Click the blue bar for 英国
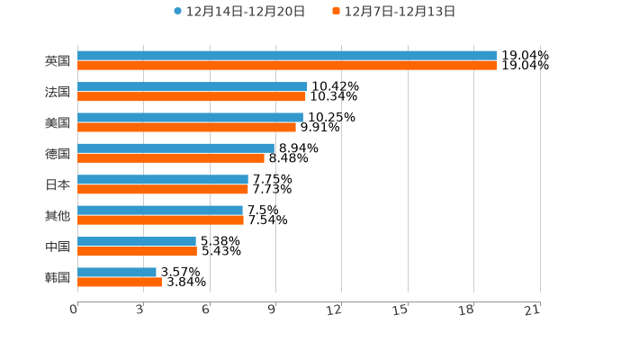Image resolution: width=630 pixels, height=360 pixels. click(x=287, y=56)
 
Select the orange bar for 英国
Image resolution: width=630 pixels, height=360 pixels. click(x=287, y=66)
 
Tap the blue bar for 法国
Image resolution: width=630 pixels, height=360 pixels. click(x=193, y=86)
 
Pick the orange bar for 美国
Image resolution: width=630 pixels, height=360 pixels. click(x=186, y=127)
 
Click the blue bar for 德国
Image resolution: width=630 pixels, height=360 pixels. click(x=175, y=148)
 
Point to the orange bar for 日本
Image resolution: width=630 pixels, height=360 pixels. click(x=163, y=189)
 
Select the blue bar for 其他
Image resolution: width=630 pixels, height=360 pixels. click(x=160, y=211)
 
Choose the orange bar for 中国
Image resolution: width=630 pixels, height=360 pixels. click(x=137, y=251)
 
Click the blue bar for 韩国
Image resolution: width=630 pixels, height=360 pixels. click(x=117, y=272)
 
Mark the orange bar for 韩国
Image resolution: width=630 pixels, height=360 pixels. click(x=120, y=282)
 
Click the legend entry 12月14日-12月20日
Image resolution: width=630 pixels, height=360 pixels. click(x=245, y=12)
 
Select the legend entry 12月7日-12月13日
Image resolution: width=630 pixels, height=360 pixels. click(x=400, y=12)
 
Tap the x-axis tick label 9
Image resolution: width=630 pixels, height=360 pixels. click(x=271, y=310)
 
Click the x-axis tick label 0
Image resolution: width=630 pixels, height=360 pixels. click(x=74, y=310)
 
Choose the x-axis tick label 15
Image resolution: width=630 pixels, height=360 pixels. click(x=401, y=310)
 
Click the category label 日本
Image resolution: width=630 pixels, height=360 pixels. click(x=58, y=184)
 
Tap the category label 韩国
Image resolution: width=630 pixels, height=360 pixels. click(x=58, y=277)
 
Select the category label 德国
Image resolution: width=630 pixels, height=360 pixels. click(x=58, y=154)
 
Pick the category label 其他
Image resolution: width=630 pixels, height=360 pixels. click(x=58, y=215)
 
